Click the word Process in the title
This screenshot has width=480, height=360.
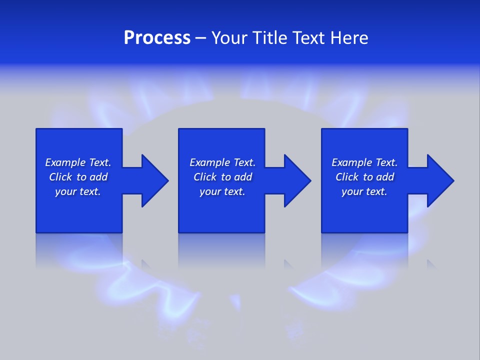pos(157,38)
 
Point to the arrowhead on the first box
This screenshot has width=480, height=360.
pos(154,180)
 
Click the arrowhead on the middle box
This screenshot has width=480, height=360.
pos(297,180)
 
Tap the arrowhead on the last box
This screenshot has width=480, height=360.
pos(440,180)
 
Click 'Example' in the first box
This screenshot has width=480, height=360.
pos(65,162)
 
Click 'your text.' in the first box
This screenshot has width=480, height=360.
pos(78,191)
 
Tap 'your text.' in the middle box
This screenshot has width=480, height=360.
pos(222,191)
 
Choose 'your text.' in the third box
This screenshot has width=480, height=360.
pos(364,191)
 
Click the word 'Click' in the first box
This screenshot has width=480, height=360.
pos(60,177)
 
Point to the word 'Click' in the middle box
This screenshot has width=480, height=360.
pos(205,177)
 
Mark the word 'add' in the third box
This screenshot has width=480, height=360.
pos(385,177)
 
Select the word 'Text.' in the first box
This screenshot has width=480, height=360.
pos(100,162)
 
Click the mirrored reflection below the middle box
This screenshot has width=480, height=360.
pos(221,250)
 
